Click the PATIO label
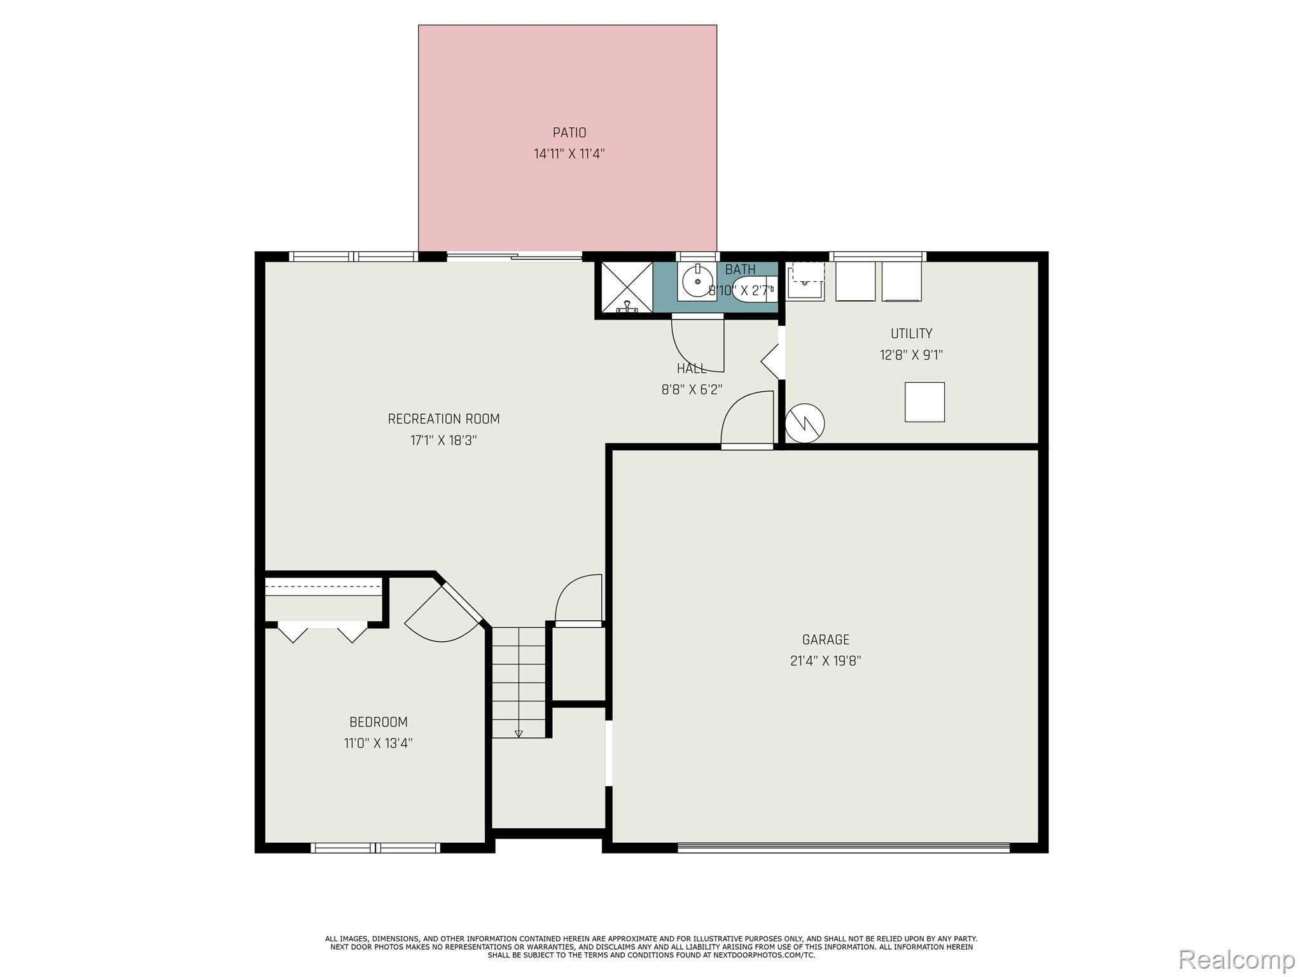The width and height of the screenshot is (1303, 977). pyautogui.click(x=569, y=133)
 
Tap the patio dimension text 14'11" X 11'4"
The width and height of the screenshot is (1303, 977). pyautogui.click(x=569, y=154)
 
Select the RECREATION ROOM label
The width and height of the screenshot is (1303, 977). pyautogui.click(x=443, y=419)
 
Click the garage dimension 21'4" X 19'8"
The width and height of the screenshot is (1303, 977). pyautogui.click(x=825, y=661)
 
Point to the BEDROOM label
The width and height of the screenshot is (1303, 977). pyautogui.click(x=378, y=722)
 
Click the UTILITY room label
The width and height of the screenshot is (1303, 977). pyautogui.click(x=911, y=334)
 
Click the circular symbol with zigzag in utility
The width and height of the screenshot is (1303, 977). pyautogui.click(x=805, y=423)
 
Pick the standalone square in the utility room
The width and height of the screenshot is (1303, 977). pyautogui.click(x=924, y=402)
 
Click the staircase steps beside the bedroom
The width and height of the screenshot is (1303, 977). pyautogui.click(x=519, y=681)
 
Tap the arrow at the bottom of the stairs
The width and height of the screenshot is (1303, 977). pyautogui.click(x=519, y=733)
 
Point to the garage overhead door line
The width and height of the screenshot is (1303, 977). pyautogui.click(x=843, y=847)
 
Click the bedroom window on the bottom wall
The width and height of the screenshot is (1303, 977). pyautogui.click(x=375, y=847)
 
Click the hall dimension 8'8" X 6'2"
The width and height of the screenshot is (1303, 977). pyautogui.click(x=692, y=389)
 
